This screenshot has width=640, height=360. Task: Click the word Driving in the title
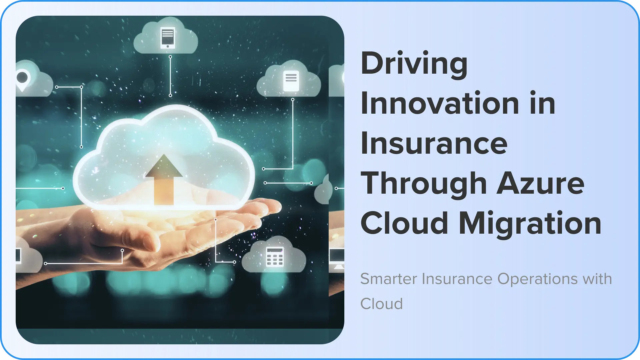414,64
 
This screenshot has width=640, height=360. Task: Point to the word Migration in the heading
530,223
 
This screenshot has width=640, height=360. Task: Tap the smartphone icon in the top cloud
168,38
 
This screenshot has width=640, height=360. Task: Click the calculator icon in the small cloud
275,257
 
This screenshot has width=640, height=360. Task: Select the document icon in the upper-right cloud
291,81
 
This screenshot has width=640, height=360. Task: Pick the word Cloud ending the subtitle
382,304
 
